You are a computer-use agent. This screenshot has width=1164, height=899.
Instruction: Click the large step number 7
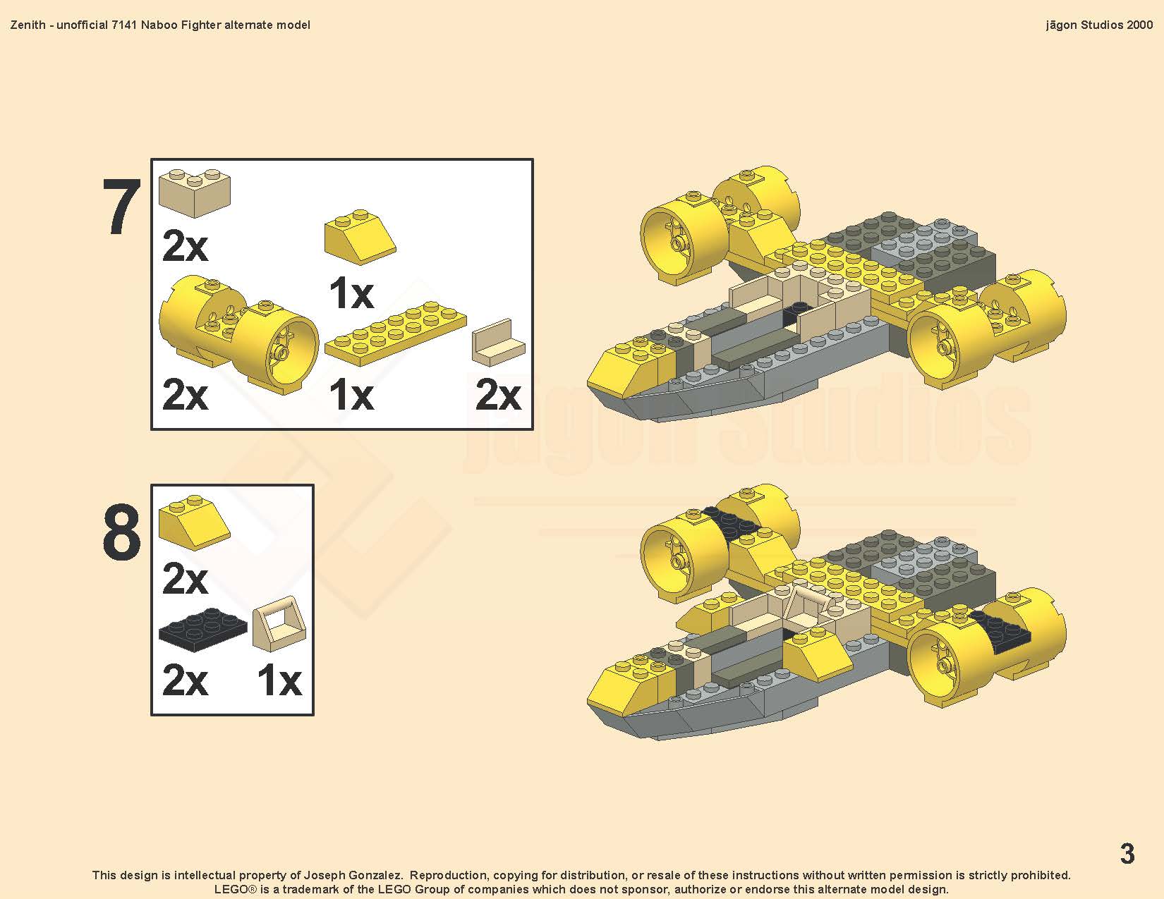click(122, 207)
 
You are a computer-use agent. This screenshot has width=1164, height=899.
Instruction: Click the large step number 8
click(122, 532)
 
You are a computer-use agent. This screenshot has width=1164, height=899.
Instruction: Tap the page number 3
click(1127, 853)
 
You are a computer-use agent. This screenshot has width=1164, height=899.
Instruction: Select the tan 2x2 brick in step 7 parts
click(195, 192)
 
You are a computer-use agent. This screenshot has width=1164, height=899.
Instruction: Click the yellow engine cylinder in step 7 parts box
click(238, 334)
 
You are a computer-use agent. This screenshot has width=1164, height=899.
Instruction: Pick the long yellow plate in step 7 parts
click(395, 333)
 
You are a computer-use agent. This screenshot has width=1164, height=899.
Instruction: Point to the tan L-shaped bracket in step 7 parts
click(499, 344)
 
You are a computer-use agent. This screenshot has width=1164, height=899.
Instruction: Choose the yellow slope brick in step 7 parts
click(360, 237)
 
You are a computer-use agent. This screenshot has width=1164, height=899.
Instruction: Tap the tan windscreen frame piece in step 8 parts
click(279, 623)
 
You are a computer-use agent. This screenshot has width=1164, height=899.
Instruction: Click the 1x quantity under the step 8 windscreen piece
click(279, 680)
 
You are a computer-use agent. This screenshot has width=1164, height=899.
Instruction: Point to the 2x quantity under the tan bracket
click(498, 395)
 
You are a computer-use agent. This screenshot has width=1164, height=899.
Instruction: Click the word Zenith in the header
click(28, 25)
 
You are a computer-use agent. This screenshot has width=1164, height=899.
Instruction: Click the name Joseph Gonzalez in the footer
click(353, 876)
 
